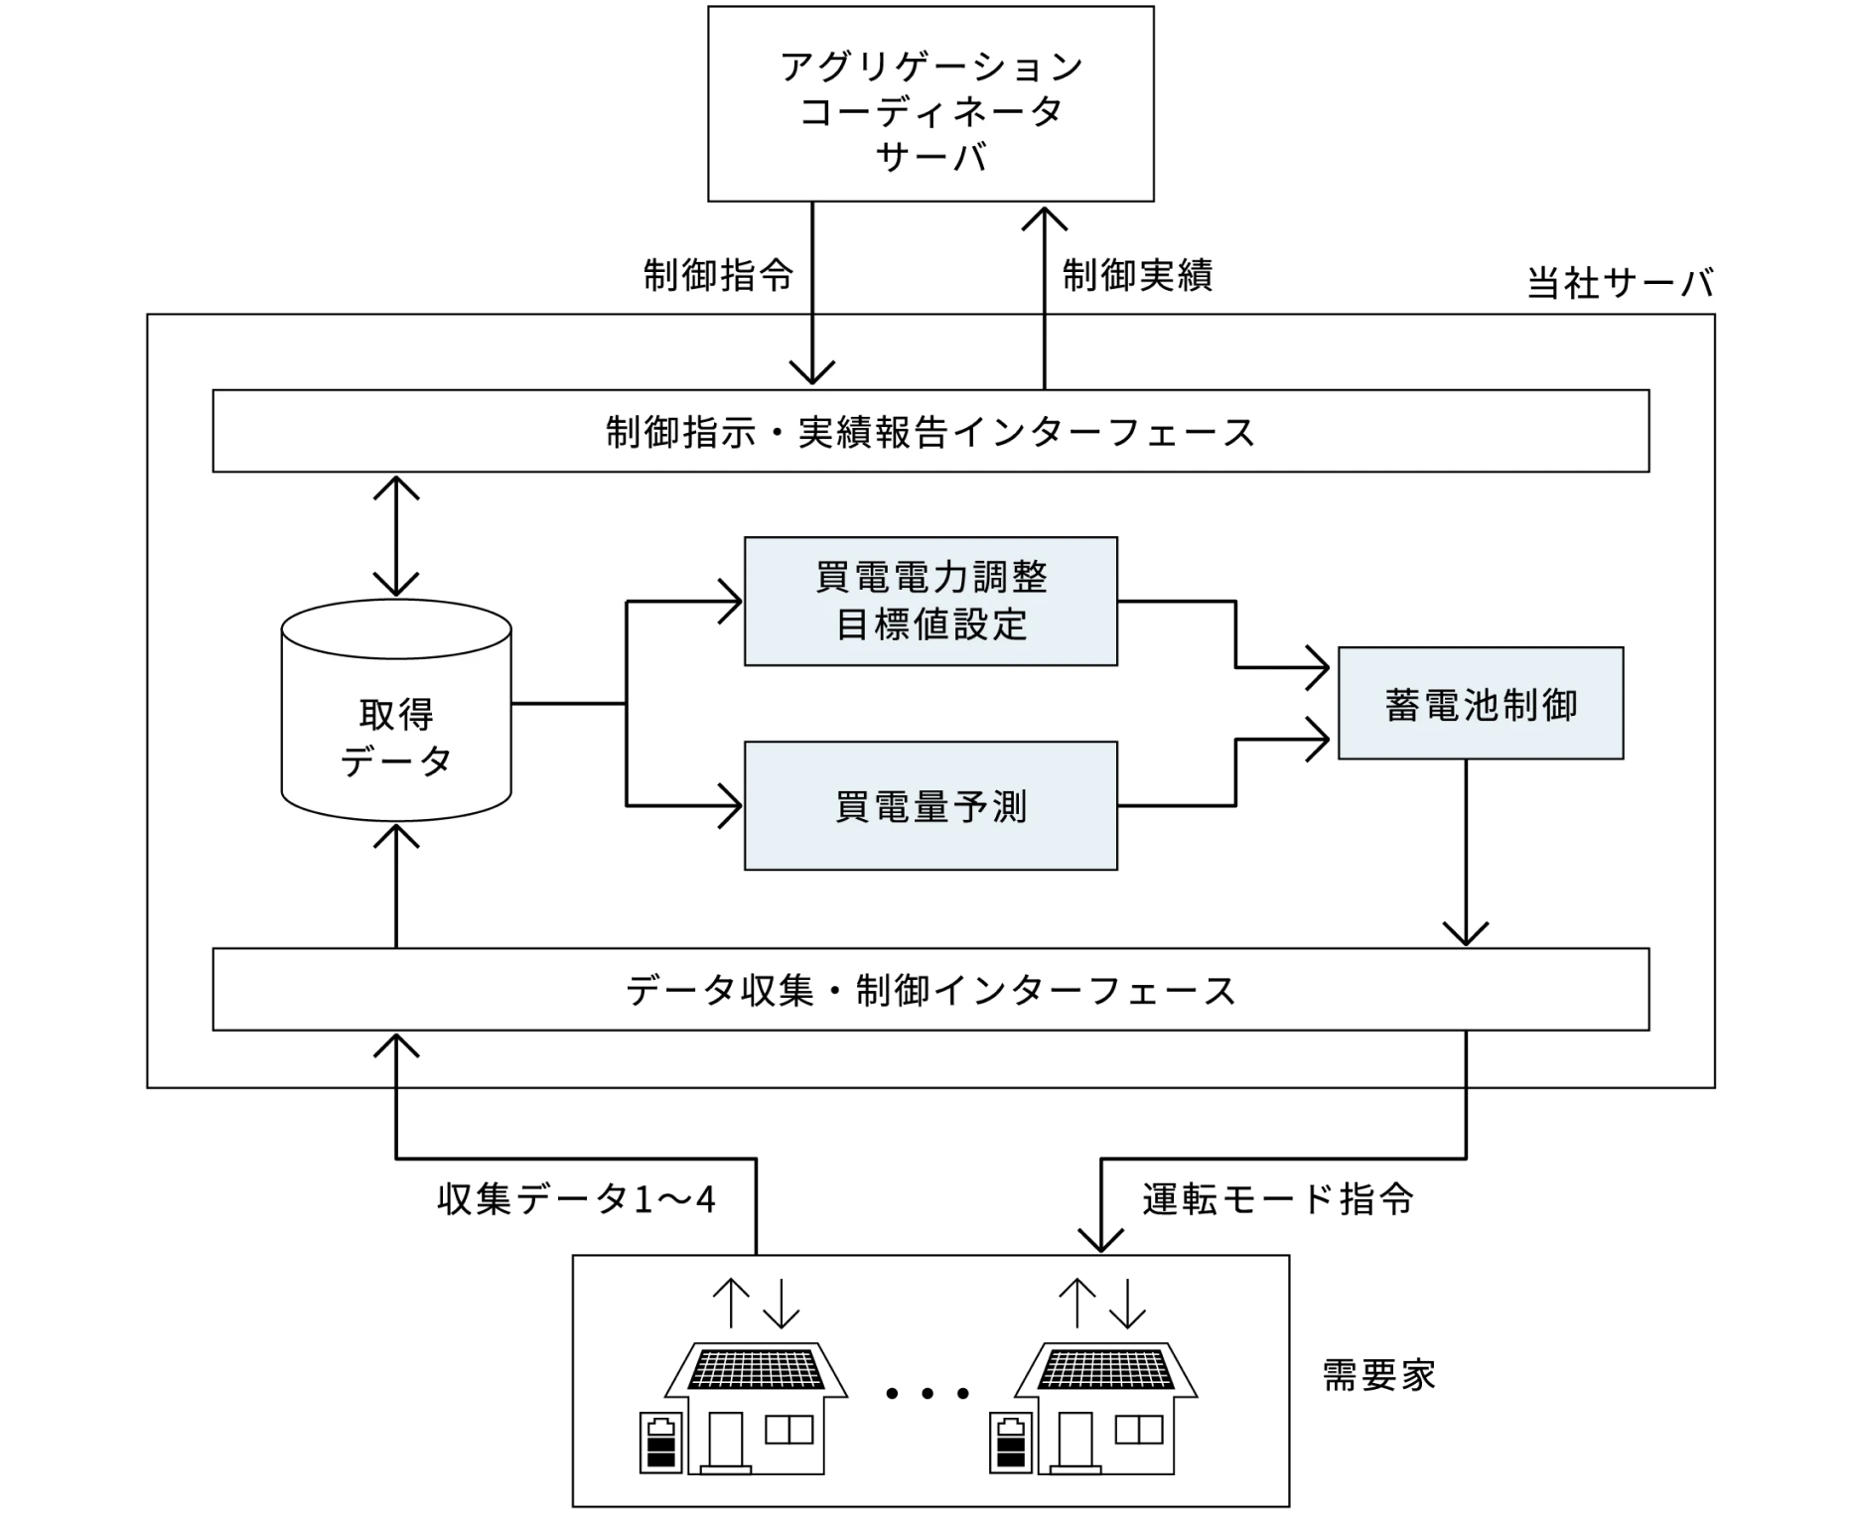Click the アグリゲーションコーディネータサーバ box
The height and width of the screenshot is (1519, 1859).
pyautogui.click(x=930, y=104)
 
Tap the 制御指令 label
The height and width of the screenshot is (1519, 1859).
pyautogui.click(x=719, y=275)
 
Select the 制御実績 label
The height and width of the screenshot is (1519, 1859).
pyautogui.click(x=1137, y=275)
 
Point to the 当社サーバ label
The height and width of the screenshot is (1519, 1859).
pyautogui.click(x=1620, y=284)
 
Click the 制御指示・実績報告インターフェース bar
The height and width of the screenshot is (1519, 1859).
pyautogui.click(x=930, y=432)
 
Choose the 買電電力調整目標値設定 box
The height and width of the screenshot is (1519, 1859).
pyautogui.click(x=930, y=602)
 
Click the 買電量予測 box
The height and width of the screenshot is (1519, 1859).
pyautogui.click(x=930, y=806)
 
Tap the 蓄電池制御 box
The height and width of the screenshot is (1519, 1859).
pyautogui.click(x=1480, y=704)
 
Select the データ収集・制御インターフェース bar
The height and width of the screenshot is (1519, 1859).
pyautogui.click(x=930, y=990)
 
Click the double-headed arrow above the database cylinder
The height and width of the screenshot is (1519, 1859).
pyautogui.click(x=396, y=536)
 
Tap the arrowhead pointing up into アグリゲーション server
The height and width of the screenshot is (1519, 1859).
pyautogui.click(x=1045, y=218)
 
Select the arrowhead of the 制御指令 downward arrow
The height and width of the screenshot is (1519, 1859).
pyautogui.click(x=812, y=372)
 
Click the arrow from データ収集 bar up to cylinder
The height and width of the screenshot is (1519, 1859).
pyautogui.click(x=396, y=884)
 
